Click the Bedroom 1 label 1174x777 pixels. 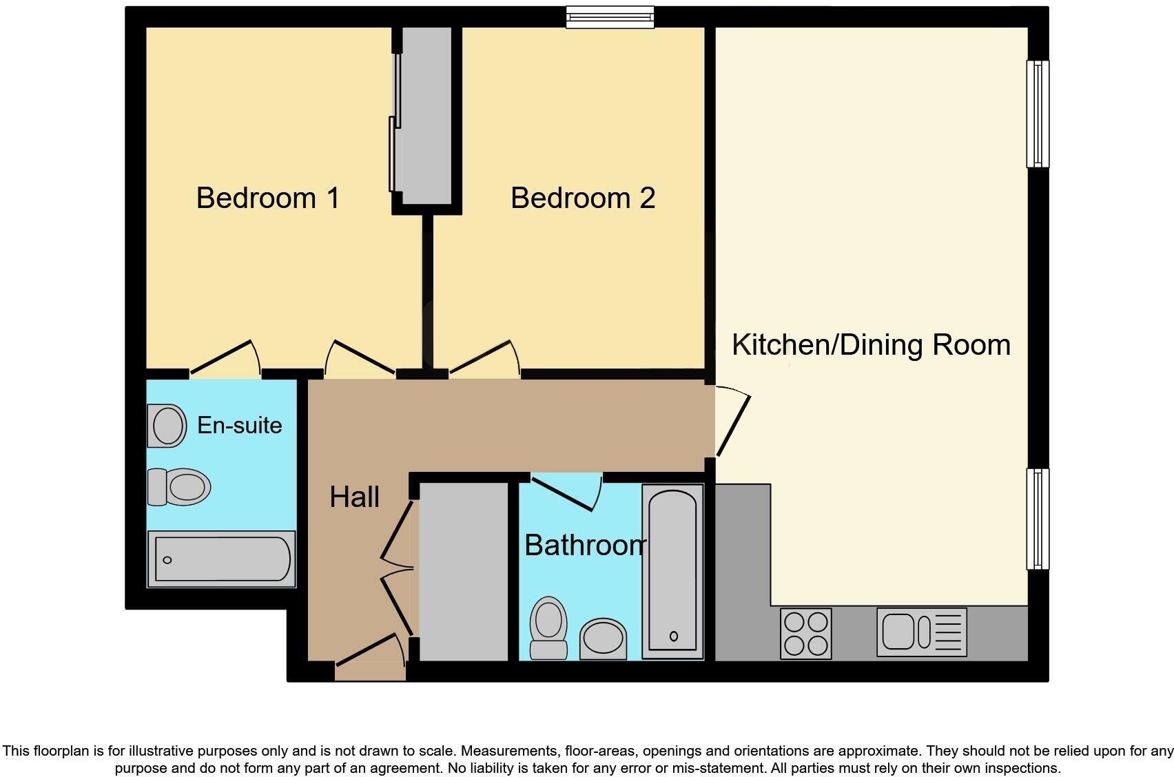pyautogui.click(x=267, y=198)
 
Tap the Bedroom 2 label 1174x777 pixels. pyautogui.click(x=582, y=198)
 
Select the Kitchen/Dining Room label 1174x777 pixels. pyautogui.click(x=870, y=344)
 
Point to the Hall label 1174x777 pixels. pyautogui.click(x=354, y=497)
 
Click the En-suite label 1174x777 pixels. pyautogui.click(x=239, y=425)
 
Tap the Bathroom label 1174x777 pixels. pyautogui.click(x=585, y=546)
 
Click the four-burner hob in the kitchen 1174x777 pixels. pyautogui.click(x=806, y=633)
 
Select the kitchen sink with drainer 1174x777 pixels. pyautogui.click(x=921, y=632)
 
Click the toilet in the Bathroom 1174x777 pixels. pyautogui.click(x=548, y=628)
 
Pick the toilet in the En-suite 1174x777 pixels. pyautogui.click(x=180, y=487)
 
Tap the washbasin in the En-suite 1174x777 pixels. pyautogui.click(x=167, y=426)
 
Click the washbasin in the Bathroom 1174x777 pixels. pyautogui.click(x=604, y=639)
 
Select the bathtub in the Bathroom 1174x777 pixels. pyautogui.click(x=672, y=572)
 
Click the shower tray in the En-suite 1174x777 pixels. pyautogui.click(x=221, y=559)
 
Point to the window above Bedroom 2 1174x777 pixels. pyautogui.click(x=610, y=17)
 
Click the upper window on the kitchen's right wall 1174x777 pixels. pyautogui.click(x=1038, y=114)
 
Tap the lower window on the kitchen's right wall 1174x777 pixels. pyautogui.click(x=1038, y=519)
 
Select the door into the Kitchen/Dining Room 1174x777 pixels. pyautogui.click(x=732, y=424)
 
